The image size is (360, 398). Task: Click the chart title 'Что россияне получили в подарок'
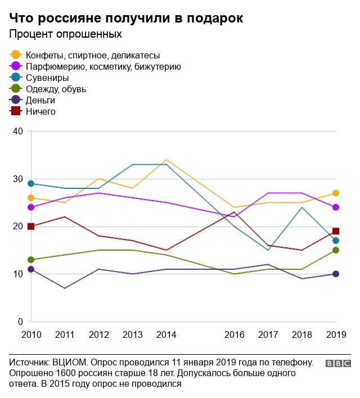(x=127, y=17)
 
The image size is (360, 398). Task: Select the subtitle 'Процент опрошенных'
(x=65, y=34)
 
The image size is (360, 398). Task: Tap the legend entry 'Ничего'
(x=40, y=111)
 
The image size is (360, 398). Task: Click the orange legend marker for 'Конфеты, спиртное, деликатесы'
(x=16, y=55)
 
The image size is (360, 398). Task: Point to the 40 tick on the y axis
(x=17, y=132)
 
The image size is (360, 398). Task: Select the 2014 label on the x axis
(x=165, y=335)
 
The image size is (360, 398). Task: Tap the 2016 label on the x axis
(x=234, y=335)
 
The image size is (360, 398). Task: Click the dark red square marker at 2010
(x=31, y=227)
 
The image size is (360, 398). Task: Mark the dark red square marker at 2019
(x=336, y=231)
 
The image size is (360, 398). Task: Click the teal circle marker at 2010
(x=31, y=184)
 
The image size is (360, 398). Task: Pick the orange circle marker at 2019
(x=336, y=193)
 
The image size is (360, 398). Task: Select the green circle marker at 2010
(x=31, y=260)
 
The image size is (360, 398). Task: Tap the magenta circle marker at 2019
(x=336, y=207)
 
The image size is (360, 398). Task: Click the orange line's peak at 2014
(x=166, y=160)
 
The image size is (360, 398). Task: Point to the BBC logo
(x=337, y=364)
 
